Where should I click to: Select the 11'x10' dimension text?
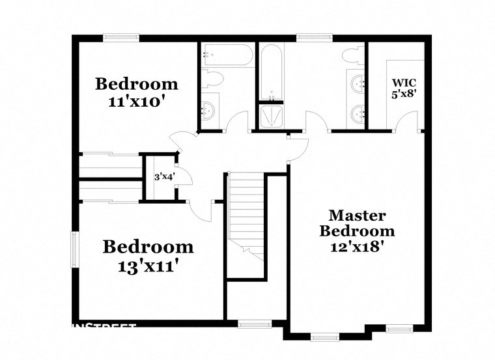point(137,102)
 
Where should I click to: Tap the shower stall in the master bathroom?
point(271,117)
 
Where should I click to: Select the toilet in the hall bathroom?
point(212,79)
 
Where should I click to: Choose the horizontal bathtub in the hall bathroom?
point(227,54)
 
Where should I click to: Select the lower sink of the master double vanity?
point(358,115)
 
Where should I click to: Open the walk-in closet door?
point(408,120)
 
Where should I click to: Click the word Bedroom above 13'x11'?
point(148,247)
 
